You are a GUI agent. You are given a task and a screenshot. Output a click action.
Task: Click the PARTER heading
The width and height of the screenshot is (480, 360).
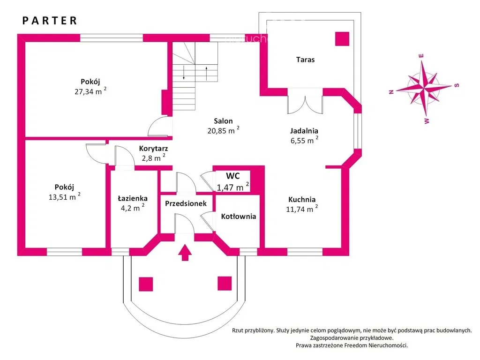coord(50,21)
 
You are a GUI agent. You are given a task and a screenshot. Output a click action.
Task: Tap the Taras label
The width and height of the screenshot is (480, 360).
coord(305,60)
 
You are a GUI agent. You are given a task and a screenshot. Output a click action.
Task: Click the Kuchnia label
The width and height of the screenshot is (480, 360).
coord(302,199)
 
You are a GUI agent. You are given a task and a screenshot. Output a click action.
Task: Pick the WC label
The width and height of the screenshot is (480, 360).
coord(233,176)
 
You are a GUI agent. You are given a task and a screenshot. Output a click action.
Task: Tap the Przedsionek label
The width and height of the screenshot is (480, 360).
coord(186,204)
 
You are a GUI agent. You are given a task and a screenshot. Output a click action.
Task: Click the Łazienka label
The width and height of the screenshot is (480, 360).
coord(133,198)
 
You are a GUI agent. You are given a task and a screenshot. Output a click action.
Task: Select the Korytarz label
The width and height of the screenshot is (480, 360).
coord(153,148)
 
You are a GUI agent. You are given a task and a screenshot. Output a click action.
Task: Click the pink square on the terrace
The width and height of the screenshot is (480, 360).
coord(342,39)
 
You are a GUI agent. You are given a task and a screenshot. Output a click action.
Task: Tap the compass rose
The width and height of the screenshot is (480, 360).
coord(424,87)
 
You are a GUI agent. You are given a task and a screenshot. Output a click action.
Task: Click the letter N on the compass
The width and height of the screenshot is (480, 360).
coord(390,92)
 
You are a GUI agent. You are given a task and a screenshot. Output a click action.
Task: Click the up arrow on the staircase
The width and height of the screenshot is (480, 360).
coord(206,73)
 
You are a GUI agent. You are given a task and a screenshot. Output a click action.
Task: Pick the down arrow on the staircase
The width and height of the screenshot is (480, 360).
coord(184,73)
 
